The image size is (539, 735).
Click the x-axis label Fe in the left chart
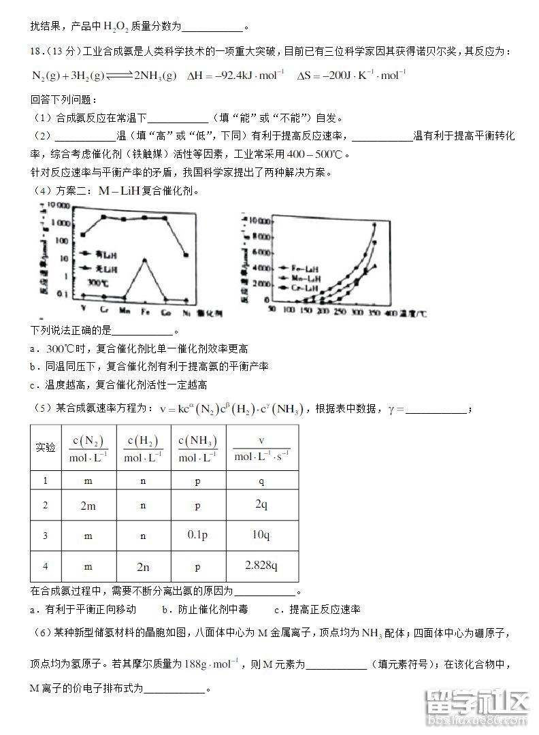pos(144,311)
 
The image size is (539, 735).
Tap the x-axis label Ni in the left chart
pos(186,311)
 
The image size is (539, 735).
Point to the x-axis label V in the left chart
pos(83,311)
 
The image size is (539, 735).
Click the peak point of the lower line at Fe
pos(144,260)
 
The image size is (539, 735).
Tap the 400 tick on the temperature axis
pos(391,312)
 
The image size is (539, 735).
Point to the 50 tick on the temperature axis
pos(272,312)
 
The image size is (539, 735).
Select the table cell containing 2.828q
pos(262,566)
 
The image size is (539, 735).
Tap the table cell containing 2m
pos(88,506)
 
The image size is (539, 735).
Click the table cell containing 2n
pos(143,566)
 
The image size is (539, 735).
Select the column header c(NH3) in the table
pos(197,448)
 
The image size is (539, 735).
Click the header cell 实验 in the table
pos(46,448)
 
